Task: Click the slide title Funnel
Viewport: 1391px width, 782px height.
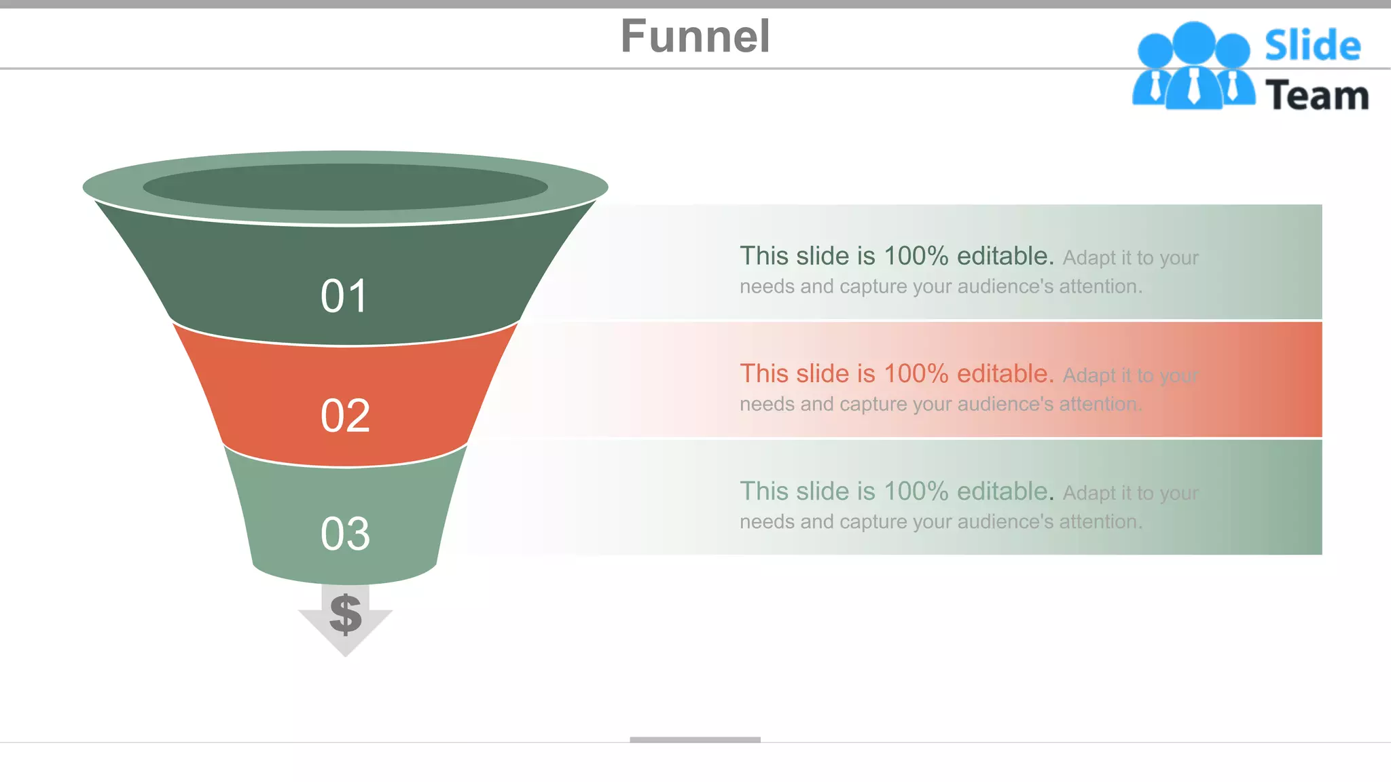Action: (x=695, y=37)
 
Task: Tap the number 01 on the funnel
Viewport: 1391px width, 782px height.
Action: (x=344, y=297)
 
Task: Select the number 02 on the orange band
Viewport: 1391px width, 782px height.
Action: (x=345, y=415)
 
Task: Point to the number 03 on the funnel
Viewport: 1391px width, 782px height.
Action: (x=345, y=534)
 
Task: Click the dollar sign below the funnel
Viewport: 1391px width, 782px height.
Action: (x=345, y=614)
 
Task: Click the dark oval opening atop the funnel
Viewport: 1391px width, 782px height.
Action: (x=345, y=187)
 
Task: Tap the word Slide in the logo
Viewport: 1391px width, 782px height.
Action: (x=1312, y=46)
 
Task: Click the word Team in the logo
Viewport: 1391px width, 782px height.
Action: (x=1316, y=95)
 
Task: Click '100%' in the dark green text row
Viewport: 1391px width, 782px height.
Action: (x=916, y=256)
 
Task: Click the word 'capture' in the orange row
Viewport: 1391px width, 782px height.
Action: (x=873, y=405)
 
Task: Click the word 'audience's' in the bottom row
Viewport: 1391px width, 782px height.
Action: (x=1005, y=522)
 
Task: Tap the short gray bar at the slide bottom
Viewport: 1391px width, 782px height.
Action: (x=695, y=739)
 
